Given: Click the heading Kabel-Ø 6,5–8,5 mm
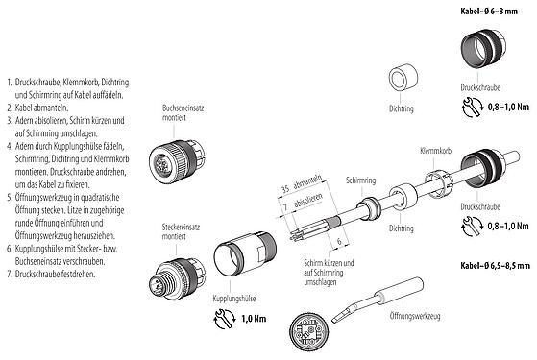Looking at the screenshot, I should (490, 263).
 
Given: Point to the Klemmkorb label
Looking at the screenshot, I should (435, 153).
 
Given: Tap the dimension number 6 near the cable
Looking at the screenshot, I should (339, 241).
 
